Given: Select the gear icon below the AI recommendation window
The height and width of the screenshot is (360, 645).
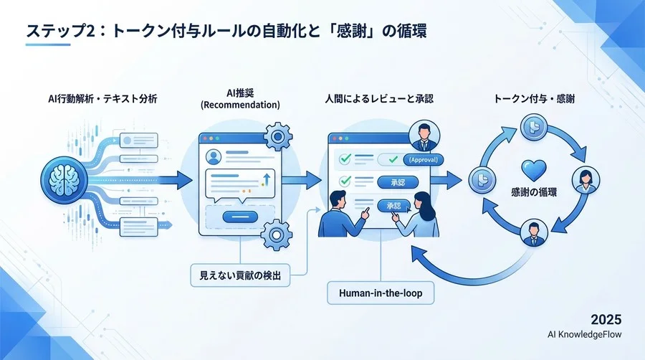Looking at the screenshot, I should (276, 234).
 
